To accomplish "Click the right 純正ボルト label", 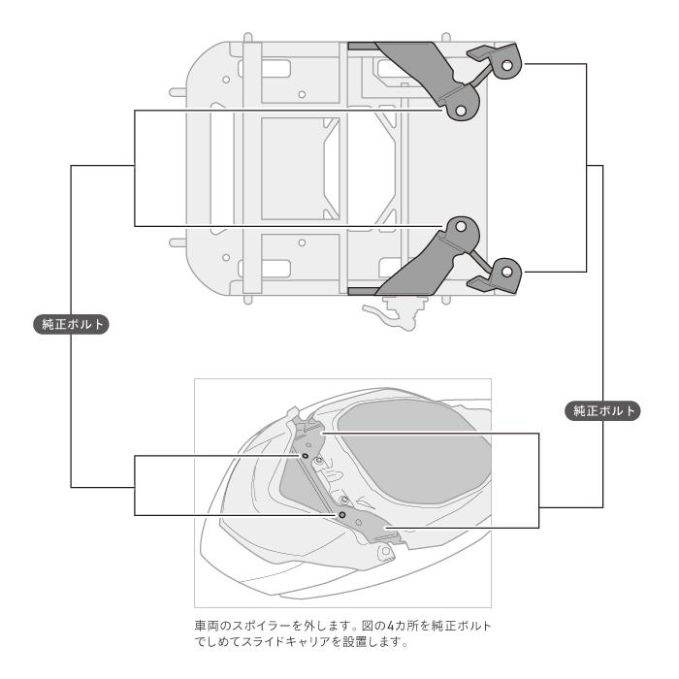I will tap(602, 410).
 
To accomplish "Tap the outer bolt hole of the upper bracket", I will tap(505, 65).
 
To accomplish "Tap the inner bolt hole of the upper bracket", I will tap(461, 111).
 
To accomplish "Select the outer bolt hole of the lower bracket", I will tap(505, 273).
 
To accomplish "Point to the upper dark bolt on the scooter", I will tap(306, 453).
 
